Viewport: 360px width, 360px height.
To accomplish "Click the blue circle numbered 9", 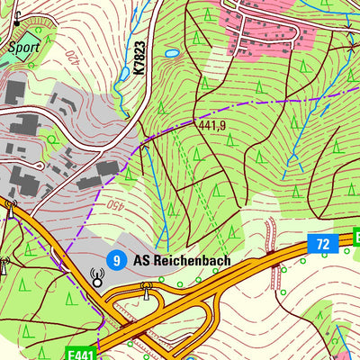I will [116, 260].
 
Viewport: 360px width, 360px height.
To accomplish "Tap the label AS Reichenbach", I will [182, 260].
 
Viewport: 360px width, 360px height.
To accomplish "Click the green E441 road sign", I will [81, 355].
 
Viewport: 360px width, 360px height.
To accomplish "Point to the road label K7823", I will [139, 57].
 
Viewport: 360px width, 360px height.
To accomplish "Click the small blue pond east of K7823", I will [172, 54].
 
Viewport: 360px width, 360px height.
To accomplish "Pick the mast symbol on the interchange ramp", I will [145, 290].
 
